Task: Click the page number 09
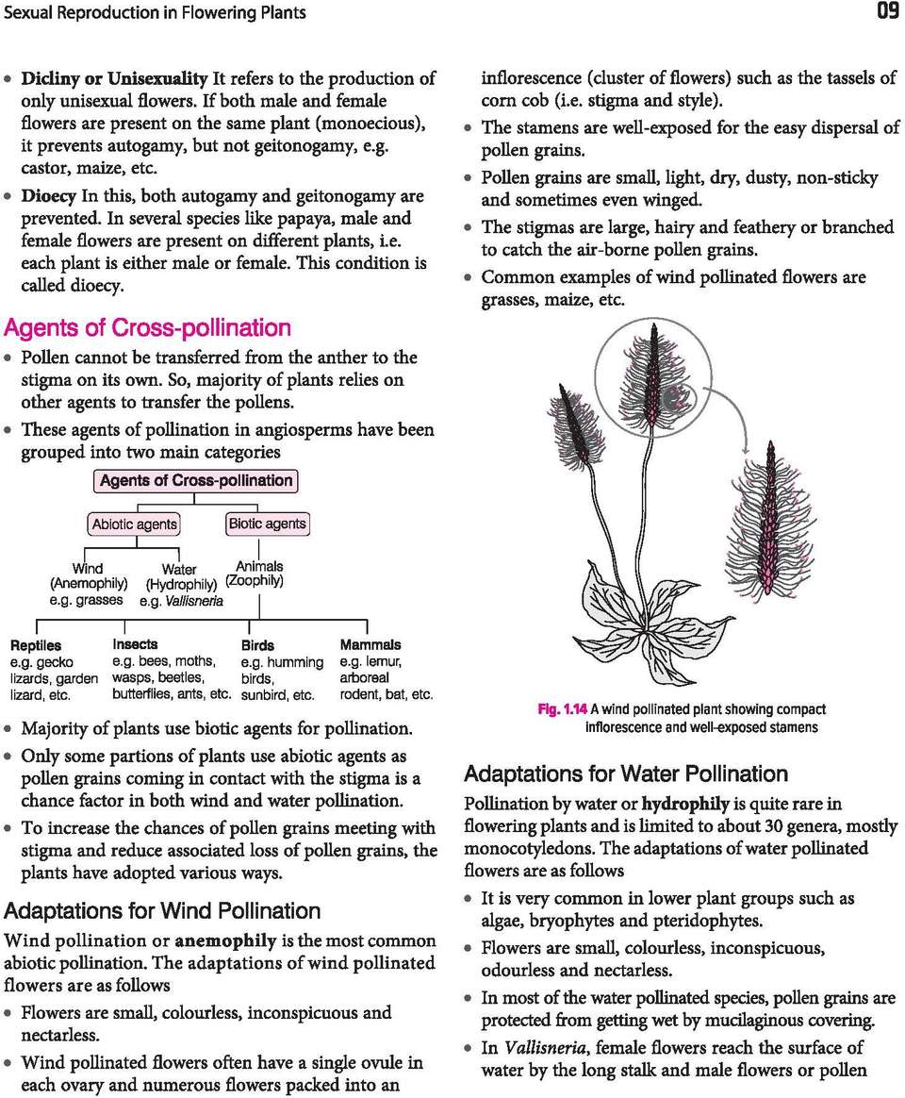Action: [886, 12]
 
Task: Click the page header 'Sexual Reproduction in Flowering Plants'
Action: [156, 13]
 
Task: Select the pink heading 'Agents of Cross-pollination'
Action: [147, 328]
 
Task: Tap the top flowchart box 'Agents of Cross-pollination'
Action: [196, 481]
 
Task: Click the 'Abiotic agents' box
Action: [134, 524]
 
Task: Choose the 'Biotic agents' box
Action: [267, 524]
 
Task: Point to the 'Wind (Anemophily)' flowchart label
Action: [88, 575]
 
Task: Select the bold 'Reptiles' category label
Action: [36, 645]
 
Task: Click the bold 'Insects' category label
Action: [135, 644]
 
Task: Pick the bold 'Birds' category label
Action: [257, 645]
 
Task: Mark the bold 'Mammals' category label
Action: [370, 644]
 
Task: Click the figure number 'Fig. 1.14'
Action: [563, 709]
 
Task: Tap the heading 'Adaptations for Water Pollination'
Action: [625, 774]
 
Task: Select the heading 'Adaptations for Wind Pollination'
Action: [162, 911]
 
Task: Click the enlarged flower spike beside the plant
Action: [769, 522]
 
